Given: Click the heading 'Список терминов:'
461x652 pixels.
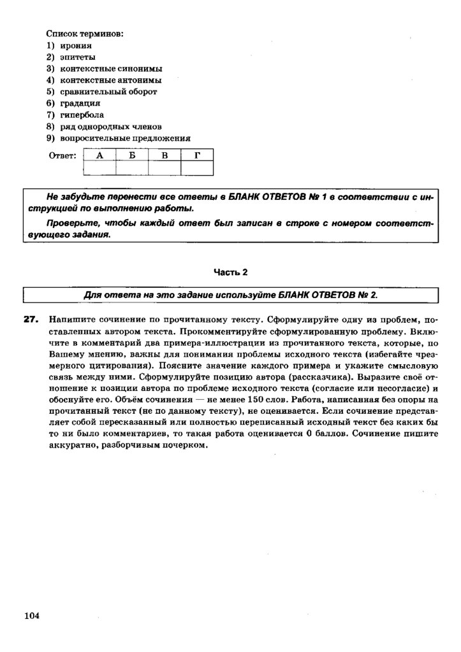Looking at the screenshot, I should point(84,33).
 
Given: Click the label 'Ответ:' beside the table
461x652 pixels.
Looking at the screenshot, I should point(62,155).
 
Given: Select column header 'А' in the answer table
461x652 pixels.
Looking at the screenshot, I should point(99,155).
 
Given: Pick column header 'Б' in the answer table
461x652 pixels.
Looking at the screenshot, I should point(132,155).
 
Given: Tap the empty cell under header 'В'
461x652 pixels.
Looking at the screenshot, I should point(165,167).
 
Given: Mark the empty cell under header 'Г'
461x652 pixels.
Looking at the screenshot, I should point(197,167).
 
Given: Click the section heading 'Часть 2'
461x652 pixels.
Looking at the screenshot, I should point(230,272).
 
